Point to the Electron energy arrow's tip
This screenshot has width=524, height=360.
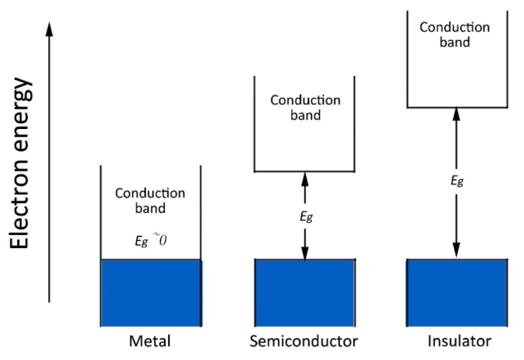point(50,24)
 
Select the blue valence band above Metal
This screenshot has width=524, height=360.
point(150,291)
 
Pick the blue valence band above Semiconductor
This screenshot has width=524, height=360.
point(305,291)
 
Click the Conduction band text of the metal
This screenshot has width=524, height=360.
point(150,201)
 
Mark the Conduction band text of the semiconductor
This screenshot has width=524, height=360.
point(305,108)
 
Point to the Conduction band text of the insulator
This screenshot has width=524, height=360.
point(455,34)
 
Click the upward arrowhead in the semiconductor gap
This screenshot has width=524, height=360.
point(305,177)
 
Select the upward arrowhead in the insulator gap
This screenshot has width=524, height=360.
point(455,113)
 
